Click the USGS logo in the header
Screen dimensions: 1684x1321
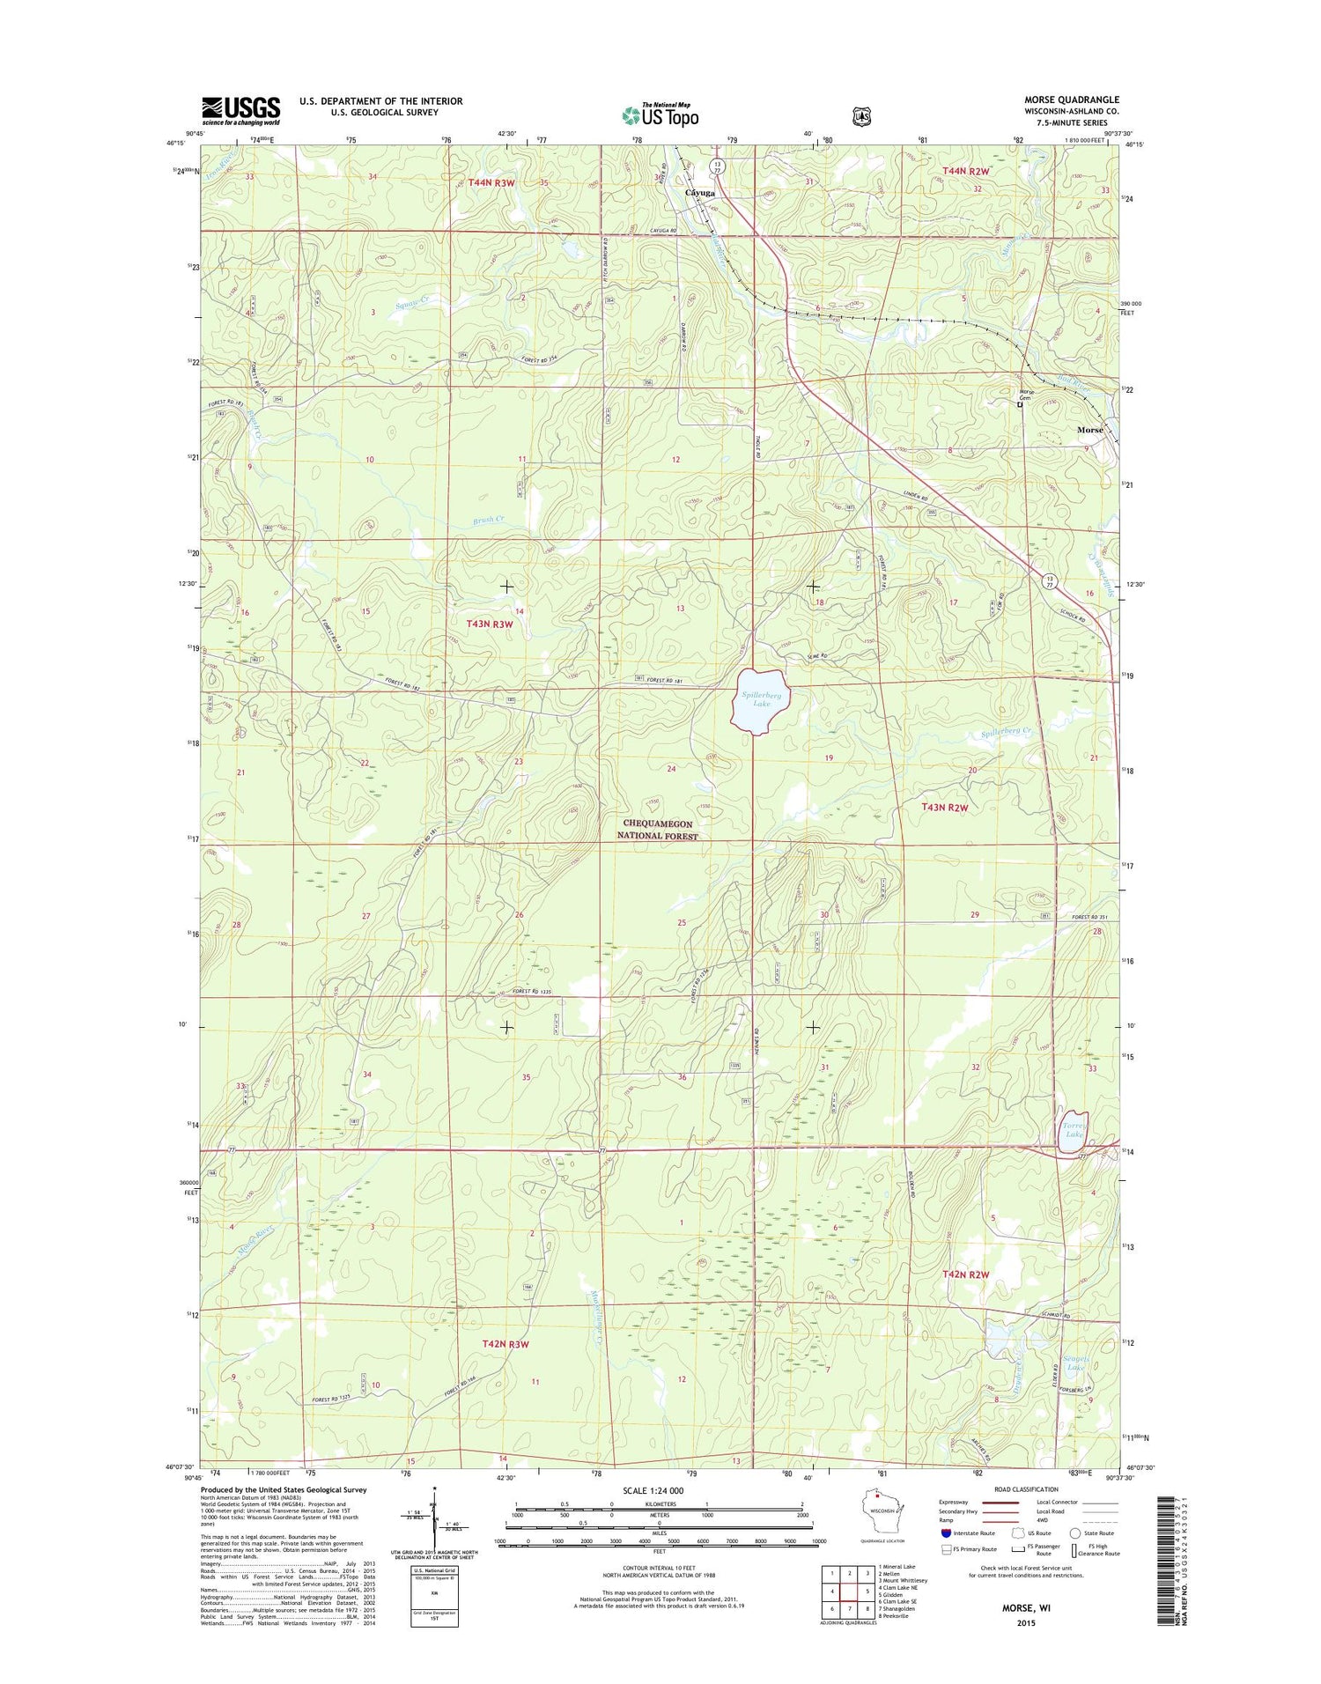240,111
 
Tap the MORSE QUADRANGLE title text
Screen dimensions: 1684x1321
1071,100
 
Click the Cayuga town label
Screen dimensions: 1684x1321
699,192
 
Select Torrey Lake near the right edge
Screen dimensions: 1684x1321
1074,1130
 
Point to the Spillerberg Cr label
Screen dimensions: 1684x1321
1006,732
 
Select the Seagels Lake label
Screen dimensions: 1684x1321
1075,1363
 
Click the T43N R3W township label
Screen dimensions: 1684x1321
489,624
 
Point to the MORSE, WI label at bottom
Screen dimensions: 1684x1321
1025,1607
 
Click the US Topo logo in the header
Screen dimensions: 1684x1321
660,115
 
